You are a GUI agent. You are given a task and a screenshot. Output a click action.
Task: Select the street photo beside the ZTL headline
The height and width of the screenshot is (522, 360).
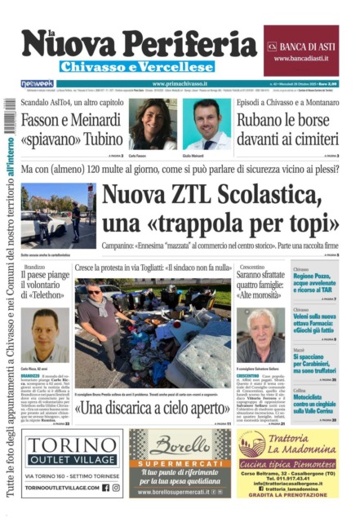[x=58, y=215]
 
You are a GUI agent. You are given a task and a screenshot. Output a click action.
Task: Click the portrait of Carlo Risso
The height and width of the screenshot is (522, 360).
[x=45, y=335]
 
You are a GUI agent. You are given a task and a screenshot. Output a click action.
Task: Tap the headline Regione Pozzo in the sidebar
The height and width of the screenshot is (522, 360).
[x=315, y=282]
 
